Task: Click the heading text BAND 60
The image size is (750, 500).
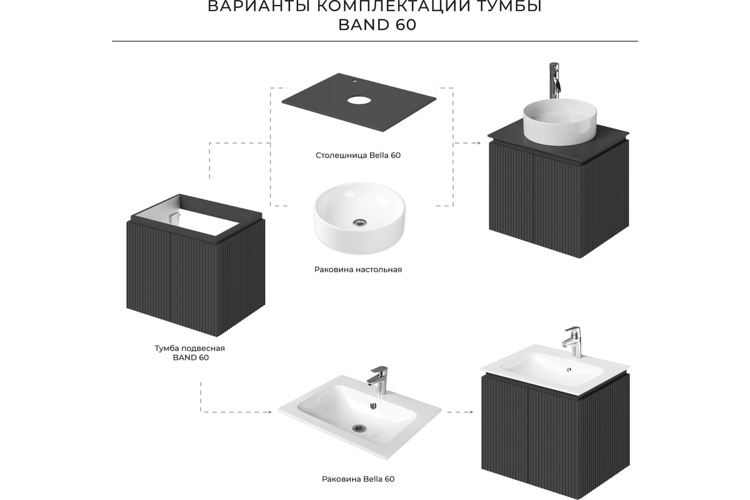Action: click(x=377, y=25)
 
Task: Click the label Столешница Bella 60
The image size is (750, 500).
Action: click(x=358, y=156)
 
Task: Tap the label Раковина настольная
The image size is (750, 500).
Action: click(x=358, y=269)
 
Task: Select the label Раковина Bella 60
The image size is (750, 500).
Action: click(x=358, y=479)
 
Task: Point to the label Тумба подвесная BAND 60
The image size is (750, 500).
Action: click(x=190, y=353)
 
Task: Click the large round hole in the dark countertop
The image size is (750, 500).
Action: click(x=359, y=100)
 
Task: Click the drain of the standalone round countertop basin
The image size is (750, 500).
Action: click(x=359, y=222)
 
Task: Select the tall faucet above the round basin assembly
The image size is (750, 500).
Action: click(x=554, y=81)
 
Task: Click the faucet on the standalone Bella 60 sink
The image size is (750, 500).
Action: click(x=378, y=380)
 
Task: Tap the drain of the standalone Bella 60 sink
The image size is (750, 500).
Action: click(x=359, y=428)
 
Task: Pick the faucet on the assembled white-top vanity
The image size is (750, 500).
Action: click(x=573, y=342)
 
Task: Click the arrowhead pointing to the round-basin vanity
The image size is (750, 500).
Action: click(x=479, y=143)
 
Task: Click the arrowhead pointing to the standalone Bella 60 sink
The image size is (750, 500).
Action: click(x=269, y=412)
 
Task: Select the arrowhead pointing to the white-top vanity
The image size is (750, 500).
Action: click(x=471, y=412)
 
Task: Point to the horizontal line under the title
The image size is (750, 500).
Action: click(x=375, y=41)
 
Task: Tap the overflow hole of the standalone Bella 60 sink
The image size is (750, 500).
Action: click(x=373, y=406)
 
